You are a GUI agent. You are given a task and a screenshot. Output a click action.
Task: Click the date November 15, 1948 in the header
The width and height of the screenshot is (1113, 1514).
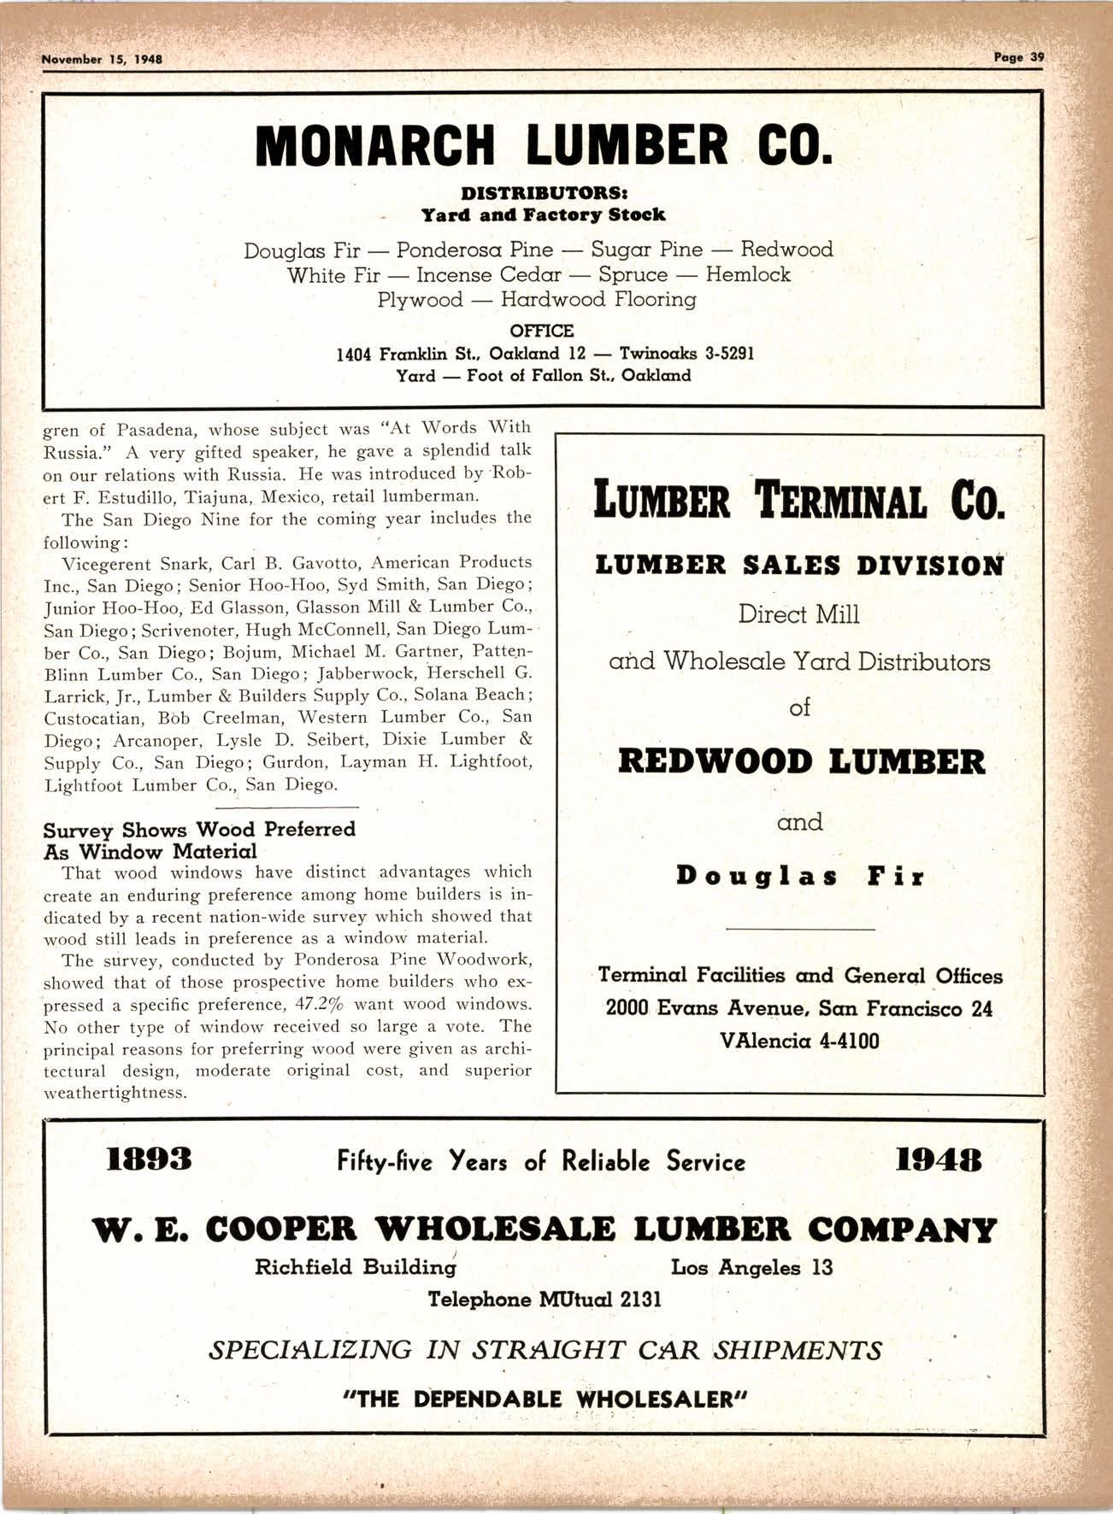click(x=102, y=60)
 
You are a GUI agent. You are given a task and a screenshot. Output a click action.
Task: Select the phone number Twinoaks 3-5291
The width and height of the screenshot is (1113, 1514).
click(x=686, y=354)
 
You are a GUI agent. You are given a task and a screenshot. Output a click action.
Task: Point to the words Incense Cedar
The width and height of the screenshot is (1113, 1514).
click(x=489, y=275)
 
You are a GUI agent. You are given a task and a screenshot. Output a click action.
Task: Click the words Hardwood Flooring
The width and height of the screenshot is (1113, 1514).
click(x=598, y=300)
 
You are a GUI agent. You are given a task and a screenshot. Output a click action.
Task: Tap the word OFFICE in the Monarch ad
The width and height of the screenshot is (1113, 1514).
click(x=541, y=331)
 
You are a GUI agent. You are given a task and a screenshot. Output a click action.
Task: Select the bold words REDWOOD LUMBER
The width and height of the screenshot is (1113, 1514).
click(x=801, y=761)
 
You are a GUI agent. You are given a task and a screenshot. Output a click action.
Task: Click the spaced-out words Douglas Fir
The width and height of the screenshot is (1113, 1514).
click(x=800, y=877)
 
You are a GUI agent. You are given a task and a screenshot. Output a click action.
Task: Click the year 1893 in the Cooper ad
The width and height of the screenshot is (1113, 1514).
click(x=149, y=1159)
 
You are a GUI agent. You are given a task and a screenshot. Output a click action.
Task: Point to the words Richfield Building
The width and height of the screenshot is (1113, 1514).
click(x=355, y=1267)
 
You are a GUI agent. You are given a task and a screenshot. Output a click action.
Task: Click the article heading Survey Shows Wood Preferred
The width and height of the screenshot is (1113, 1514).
click(x=199, y=830)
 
